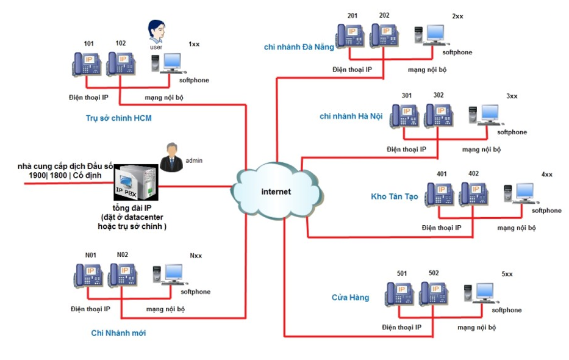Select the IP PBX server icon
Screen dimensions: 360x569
tap(137, 182)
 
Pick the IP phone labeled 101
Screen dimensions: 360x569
tap(86, 63)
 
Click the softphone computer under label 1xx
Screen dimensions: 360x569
tap(169, 63)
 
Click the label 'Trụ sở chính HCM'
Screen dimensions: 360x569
tap(118, 118)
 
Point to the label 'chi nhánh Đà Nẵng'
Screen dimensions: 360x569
tap(299, 47)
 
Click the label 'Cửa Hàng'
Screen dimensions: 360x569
tap(350, 297)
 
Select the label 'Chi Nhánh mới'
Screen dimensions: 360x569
tap(118, 333)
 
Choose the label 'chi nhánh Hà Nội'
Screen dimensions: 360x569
tap(351, 116)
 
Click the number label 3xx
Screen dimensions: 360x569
tap(511, 96)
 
